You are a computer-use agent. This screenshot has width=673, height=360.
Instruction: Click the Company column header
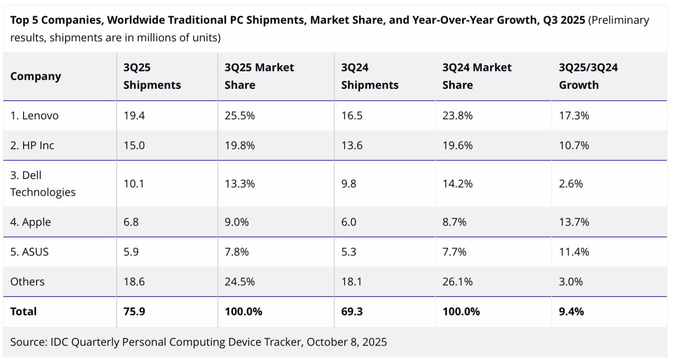(35, 76)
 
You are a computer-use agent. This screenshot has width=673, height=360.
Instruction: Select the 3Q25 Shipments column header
(152, 76)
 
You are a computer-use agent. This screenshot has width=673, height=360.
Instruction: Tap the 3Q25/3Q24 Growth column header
(588, 76)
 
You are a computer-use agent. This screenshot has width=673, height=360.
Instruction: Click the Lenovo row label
(34, 116)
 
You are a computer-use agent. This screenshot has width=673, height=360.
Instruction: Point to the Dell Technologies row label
(43, 184)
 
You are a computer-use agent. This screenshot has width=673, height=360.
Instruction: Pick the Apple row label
(30, 222)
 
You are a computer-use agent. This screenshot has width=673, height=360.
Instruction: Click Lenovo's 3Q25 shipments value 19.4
(134, 116)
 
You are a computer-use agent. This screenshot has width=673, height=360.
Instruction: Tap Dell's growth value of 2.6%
(571, 184)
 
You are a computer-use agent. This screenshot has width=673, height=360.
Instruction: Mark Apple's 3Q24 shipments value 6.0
(349, 222)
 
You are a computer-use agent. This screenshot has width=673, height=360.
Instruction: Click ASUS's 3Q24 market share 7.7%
(455, 252)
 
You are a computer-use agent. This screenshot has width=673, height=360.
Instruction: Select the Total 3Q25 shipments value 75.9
(134, 312)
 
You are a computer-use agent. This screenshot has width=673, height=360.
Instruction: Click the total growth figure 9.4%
(571, 312)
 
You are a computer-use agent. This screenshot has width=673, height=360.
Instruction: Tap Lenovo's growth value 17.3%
(574, 116)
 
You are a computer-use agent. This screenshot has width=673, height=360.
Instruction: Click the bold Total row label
(24, 312)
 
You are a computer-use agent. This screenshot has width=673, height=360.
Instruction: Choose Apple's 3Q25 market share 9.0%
(237, 222)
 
